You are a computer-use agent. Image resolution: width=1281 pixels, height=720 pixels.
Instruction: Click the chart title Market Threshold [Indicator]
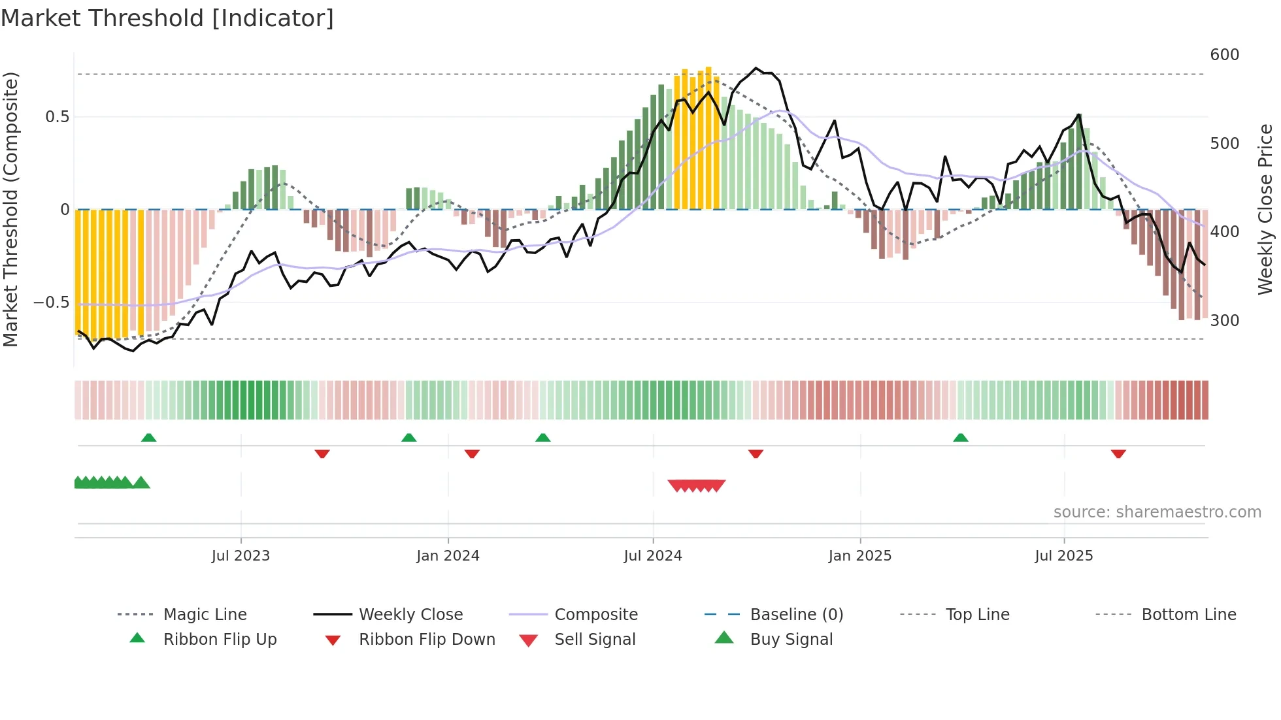(x=167, y=18)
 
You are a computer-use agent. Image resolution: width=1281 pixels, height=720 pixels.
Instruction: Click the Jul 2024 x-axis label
(x=652, y=556)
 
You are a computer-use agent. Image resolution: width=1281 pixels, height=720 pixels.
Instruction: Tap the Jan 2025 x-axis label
(x=859, y=556)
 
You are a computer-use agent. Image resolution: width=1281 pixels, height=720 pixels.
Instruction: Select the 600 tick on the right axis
(x=1224, y=55)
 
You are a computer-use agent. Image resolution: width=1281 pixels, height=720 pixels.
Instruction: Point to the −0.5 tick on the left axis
(x=51, y=303)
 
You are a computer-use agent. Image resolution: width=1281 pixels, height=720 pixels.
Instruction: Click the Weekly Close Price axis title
(x=1265, y=209)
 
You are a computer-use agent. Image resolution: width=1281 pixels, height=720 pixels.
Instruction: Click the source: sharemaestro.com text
(x=1157, y=512)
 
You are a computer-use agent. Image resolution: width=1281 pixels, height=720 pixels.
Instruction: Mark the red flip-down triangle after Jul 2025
(x=1118, y=453)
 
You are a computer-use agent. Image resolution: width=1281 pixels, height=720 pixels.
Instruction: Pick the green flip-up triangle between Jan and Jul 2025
(x=960, y=438)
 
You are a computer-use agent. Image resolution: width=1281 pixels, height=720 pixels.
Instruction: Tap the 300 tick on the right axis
(x=1224, y=321)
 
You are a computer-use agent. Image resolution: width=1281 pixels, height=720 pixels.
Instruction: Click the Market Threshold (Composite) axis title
(x=10, y=209)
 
